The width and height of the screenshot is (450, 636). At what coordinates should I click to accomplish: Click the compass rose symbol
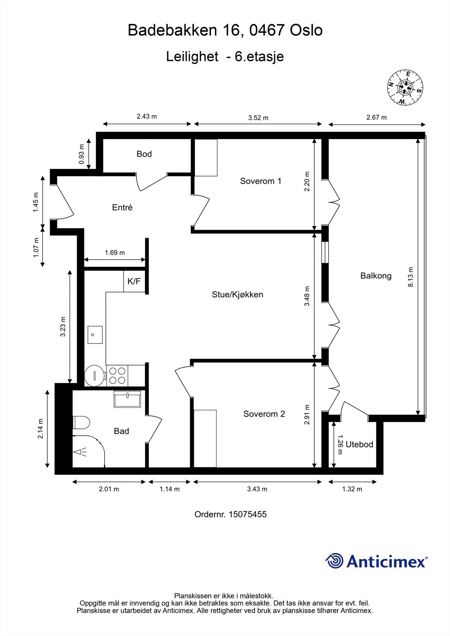pyautogui.click(x=405, y=87)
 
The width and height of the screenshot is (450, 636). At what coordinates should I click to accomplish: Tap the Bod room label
pyautogui.click(x=144, y=154)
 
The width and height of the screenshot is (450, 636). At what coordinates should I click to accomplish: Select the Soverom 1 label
pyautogui.click(x=261, y=181)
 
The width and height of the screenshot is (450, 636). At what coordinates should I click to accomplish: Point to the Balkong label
pyautogui.click(x=376, y=275)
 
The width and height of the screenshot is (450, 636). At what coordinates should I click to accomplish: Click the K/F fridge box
pyautogui.click(x=134, y=281)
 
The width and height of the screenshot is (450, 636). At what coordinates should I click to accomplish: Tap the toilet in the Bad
pyautogui.click(x=82, y=422)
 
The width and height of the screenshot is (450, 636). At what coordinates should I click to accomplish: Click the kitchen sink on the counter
pyautogui.click(x=95, y=335)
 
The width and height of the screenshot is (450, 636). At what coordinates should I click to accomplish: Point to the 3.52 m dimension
pyautogui.click(x=258, y=118)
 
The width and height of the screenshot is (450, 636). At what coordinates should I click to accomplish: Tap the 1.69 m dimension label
pyautogui.click(x=115, y=252)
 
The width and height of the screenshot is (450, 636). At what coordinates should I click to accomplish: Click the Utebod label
pyautogui.click(x=359, y=444)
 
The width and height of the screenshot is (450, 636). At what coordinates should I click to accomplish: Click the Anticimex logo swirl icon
pyautogui.click(x=334, y=561)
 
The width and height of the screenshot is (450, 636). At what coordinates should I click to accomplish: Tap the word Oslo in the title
pyautogui.click(x=306, y=31)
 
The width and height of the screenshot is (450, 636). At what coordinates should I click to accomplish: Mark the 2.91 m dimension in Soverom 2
pyautogui.click(x=307, y=415)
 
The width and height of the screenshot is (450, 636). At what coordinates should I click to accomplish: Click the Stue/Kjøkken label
pyautogui.click(x=238, y=295)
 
